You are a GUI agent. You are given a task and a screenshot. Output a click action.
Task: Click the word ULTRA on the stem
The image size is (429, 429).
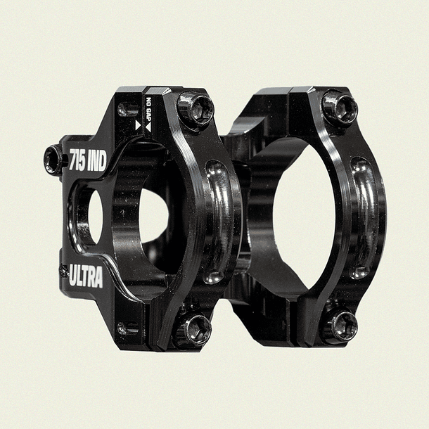[86, 276]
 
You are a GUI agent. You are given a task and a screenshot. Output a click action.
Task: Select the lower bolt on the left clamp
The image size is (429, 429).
[196, 328]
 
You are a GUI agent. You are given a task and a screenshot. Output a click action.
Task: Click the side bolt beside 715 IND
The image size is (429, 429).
[53, 160]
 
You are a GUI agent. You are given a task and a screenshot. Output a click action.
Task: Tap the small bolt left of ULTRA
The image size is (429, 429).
[64, 270]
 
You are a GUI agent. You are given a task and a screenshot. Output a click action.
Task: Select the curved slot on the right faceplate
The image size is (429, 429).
[361, 217]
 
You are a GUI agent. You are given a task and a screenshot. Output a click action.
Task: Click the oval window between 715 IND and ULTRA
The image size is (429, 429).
[87, 218]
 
